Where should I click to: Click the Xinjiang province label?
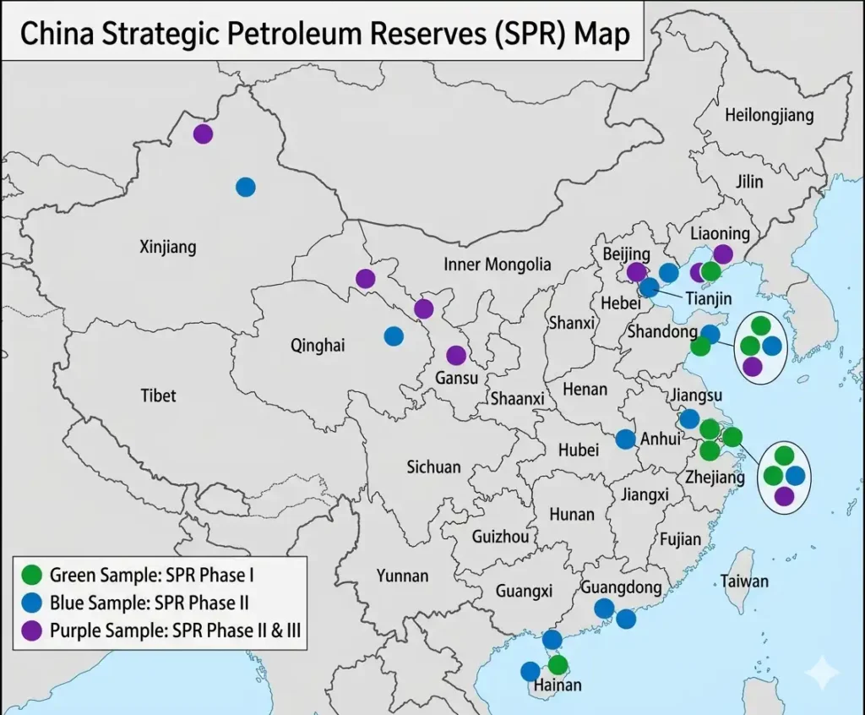coord(167,247)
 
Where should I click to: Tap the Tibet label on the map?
coord(158,395)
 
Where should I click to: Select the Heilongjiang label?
coord(769,115)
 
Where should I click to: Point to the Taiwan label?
coord(744,581)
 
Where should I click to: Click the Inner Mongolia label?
coord(497,265)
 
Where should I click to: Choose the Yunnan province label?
coord(402,576)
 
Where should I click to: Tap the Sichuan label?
coord(433,467)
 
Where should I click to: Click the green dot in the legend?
coord(32,576)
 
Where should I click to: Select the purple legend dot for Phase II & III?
coord(32,630)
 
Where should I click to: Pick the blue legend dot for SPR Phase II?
coord(32,603)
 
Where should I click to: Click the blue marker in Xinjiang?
coord(245,187)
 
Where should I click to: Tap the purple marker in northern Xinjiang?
coord(203,133)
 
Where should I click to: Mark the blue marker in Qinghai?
coord(394,336)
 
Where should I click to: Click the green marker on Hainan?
coord(558,664)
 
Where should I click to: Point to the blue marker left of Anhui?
coord(625,439)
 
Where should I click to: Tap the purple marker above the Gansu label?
coord(456,356)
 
